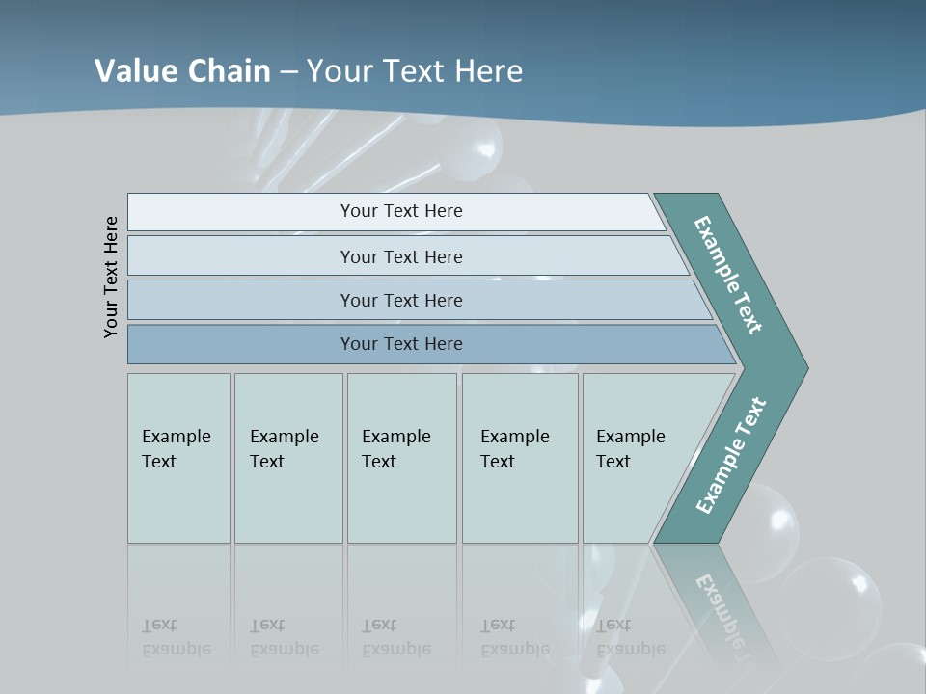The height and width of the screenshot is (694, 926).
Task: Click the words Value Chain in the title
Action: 182,70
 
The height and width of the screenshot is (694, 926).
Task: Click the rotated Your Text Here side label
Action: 111,277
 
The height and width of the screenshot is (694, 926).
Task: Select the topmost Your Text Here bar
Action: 401,211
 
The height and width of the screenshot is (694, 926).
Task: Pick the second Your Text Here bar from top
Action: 401,256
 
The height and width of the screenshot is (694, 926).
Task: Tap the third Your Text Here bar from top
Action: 401,300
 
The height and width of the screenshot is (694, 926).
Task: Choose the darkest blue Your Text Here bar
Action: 401,344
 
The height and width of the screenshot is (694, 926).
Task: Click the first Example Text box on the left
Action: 178,458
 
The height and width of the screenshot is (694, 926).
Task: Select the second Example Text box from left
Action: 287,458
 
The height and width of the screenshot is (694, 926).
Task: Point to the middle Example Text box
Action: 401,458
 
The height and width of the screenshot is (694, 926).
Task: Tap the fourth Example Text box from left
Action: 520,458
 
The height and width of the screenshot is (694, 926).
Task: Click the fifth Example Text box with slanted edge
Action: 637,458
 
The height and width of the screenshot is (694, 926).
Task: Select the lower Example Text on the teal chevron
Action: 731,456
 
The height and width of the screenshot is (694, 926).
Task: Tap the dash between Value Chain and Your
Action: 288,71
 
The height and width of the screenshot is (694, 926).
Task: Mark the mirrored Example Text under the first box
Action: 176,637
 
